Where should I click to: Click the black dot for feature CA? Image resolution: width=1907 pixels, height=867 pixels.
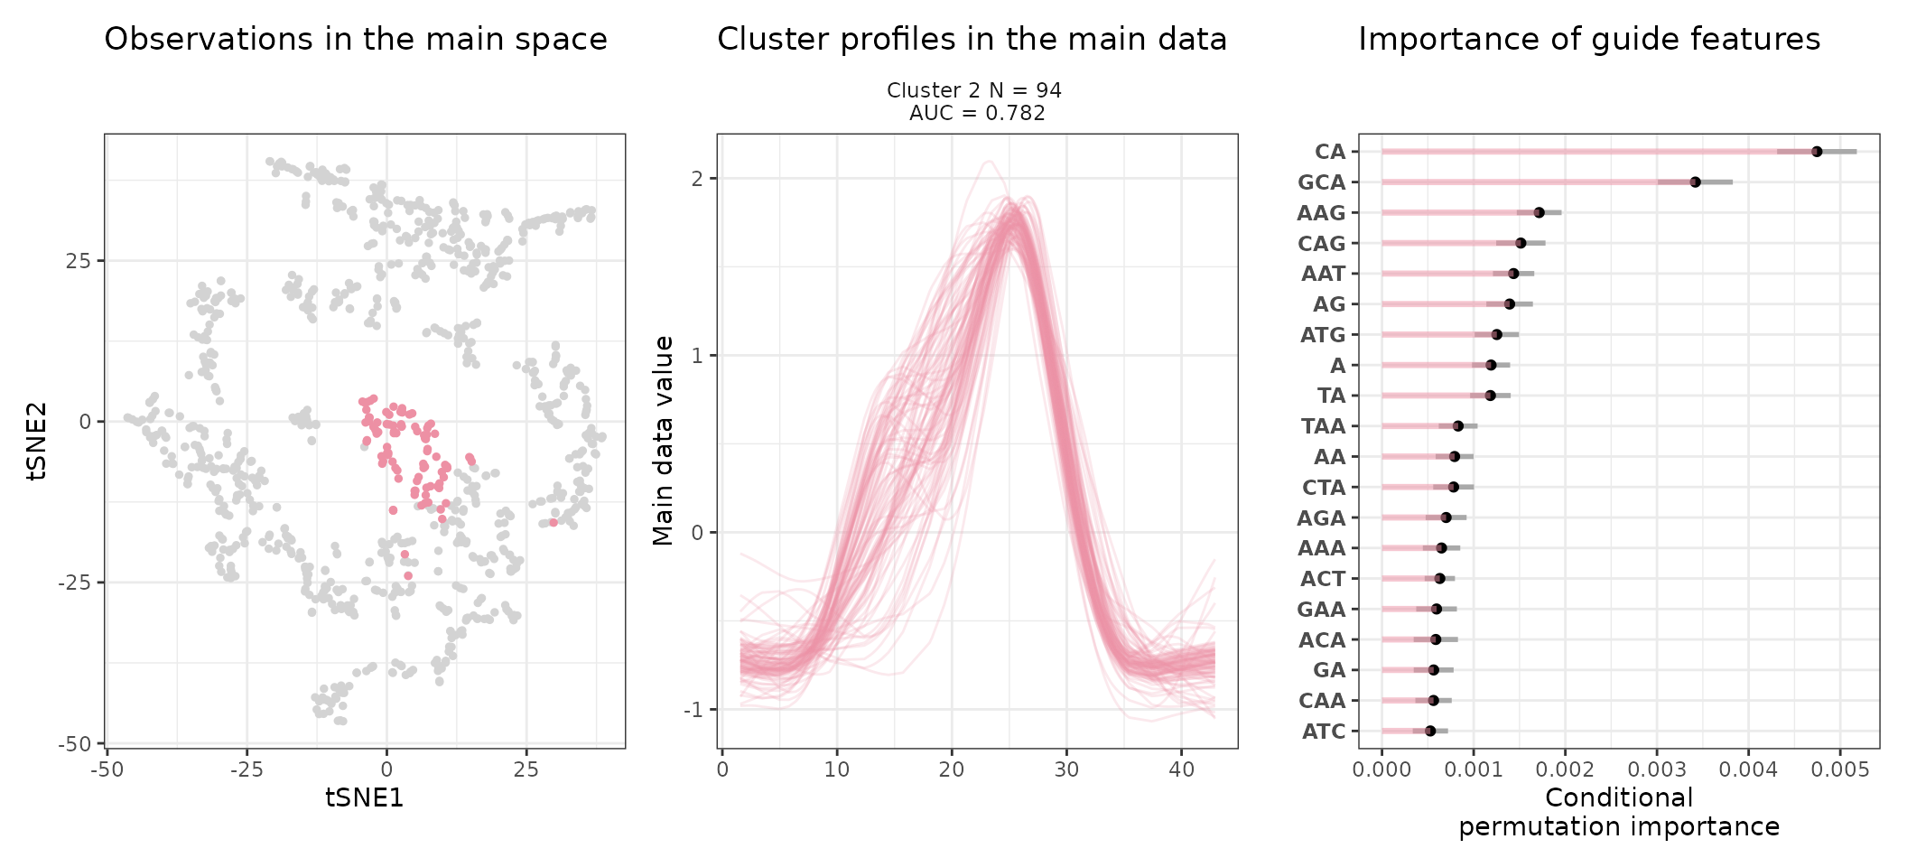click(x=1816, y=152)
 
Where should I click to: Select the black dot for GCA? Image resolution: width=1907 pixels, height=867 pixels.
click(x=1695, y=182)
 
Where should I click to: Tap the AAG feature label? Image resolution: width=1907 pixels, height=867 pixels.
click(x=1321, y=213)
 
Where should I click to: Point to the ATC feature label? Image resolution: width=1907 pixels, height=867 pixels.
click(x=1324, y=732)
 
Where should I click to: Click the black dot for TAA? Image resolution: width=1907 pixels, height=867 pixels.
click(x=1457, y=426)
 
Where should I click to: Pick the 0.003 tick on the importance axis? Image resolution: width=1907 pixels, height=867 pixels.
click(x=1657, y=769)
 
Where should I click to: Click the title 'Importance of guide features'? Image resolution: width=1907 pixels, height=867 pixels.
click(x=1589, y=40)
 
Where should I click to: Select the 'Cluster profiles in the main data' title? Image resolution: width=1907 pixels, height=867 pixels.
click(x=972, y=40)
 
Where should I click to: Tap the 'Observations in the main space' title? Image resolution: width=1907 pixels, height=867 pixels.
click(x=356, y=40)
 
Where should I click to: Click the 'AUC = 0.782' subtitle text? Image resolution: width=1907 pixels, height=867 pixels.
click(x=977, y=113)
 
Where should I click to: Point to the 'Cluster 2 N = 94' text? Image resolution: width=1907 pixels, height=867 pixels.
click(x=973, y=90)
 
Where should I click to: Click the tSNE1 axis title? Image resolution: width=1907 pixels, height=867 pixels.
click(x=364, y=797)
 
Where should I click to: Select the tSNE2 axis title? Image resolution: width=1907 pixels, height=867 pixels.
click(x=36, y=441)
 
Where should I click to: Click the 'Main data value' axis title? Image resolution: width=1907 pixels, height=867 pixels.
click(x=664, y=441)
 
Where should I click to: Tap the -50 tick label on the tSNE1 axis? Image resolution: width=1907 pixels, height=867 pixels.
click(x=107, y=769)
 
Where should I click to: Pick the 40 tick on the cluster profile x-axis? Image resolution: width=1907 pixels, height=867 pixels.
click(x=1181, y=769)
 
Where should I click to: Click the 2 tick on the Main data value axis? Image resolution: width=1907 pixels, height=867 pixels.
click(x=697, y=179)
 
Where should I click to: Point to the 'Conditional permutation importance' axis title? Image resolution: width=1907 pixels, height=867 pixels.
click(x=1619, y=812)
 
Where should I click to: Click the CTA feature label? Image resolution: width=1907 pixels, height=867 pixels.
click(x=1324, y=488)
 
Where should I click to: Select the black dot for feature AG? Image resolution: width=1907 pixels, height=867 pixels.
click(x=1509, y=304)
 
